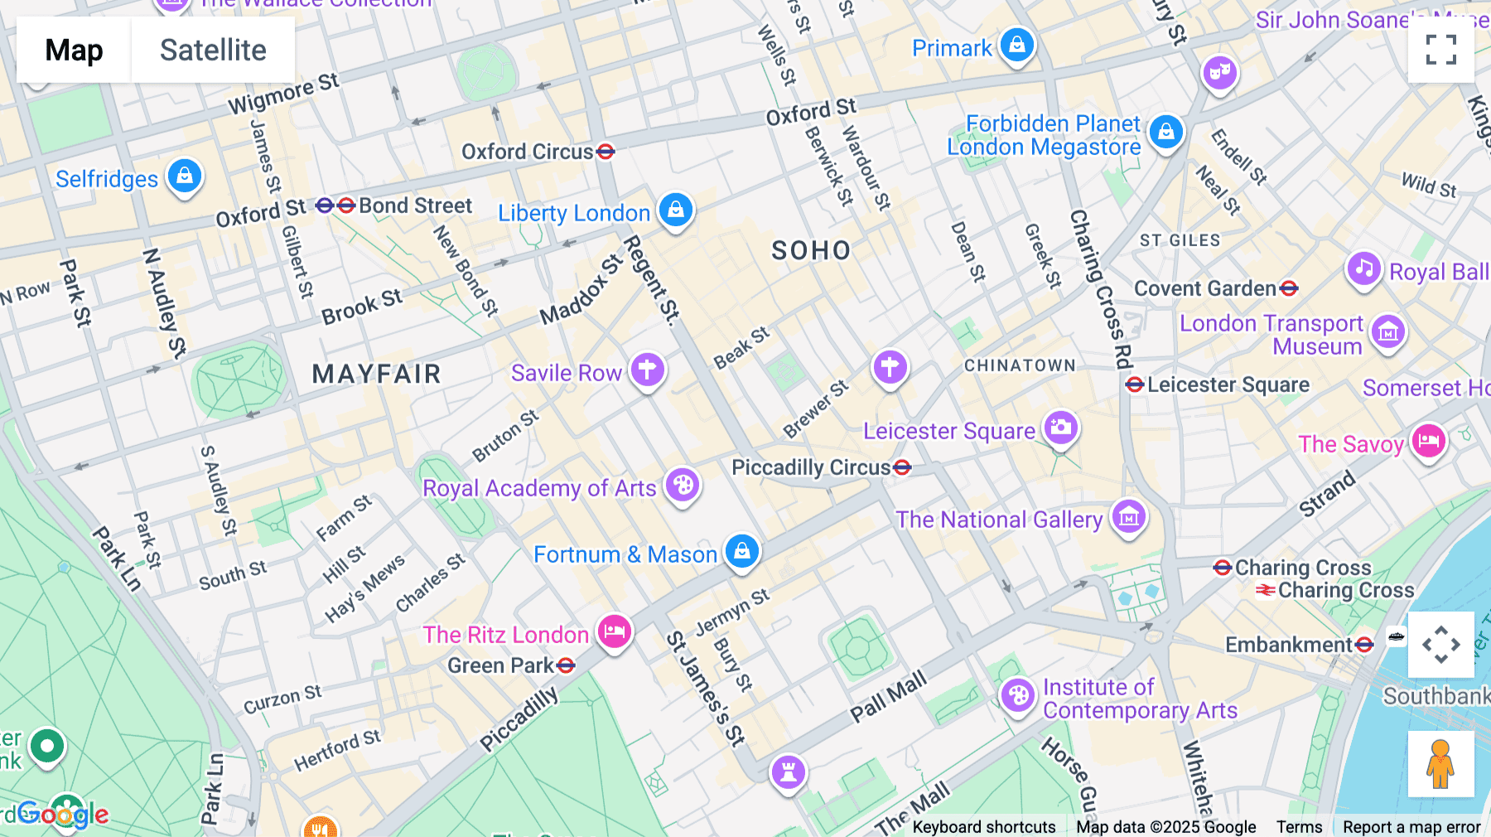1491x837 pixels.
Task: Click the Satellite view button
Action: click(x=213, y=50)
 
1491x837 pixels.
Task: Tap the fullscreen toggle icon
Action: click(x=1440, y=50)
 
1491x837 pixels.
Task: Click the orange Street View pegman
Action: click(x=1440, y=764)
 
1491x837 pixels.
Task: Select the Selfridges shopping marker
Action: click(x=185, y=177)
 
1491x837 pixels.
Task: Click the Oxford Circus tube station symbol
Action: click(x=606, y=152)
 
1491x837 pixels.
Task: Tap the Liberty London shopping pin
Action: click(x=676, y=210)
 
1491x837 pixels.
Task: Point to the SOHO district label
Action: click(x=810, y=250)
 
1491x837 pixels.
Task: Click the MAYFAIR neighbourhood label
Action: click(x=376, y=374)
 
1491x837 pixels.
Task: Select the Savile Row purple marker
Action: click(x=648, y=370)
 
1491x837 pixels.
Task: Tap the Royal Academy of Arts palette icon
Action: click(x=683, y=486)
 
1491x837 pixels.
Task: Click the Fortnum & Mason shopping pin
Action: click(x=741, y=551)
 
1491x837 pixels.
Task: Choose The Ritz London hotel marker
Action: click(x=614, y=632)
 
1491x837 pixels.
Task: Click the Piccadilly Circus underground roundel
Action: click(x=902, y=467)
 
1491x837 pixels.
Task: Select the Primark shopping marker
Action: click(x=1016, y=45)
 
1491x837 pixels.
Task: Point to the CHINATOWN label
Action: click(x=1019, y=365)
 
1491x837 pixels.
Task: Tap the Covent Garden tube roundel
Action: click(x=1288, y=288)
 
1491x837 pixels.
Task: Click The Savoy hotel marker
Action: click(x=1428, y=442)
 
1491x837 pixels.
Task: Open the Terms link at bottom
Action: click(x=1299, y=826)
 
